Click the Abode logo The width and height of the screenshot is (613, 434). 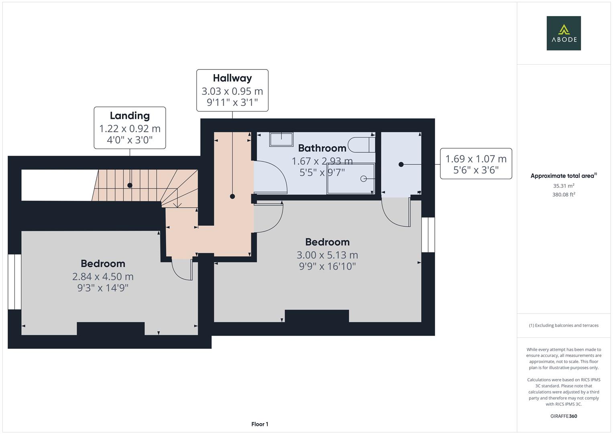(563, 33)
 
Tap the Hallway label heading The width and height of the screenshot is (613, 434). (232, 78)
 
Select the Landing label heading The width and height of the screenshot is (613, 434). (130, 116)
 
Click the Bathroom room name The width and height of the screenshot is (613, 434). (322, 148)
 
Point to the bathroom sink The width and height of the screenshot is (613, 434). (281, 139)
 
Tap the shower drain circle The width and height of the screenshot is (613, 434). (364, 179)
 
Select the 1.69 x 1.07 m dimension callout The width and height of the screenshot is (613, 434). (476, 164)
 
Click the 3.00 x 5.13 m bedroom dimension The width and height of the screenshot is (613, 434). (327, 255)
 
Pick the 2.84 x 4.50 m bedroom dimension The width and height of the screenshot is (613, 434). (103, 276)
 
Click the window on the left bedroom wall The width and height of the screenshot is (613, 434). (14, 282)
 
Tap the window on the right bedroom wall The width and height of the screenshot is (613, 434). (428, 235)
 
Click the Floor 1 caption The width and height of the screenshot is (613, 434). (260, 424)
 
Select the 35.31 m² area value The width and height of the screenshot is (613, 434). (563, 186)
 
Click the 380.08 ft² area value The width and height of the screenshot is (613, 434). (563, 194)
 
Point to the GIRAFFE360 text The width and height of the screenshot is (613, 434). (563, 416)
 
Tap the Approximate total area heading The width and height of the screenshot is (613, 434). (563, 176)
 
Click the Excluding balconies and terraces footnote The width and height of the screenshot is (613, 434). (563, 325)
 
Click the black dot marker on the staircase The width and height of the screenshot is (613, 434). (130, 185)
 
